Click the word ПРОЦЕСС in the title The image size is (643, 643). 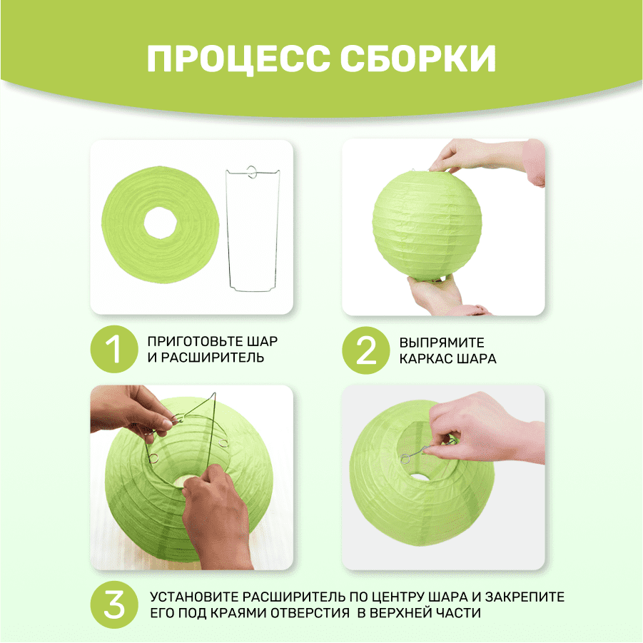click(x=238, y=59)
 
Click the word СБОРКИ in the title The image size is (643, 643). click(x=418, y=59)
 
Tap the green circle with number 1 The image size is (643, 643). click(x=114, y=349)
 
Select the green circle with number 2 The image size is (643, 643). click(x=366, y=350)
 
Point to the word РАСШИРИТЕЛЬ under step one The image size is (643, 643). click(x=212, y=358)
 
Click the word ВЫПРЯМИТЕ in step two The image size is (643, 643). click(x=442, y=343)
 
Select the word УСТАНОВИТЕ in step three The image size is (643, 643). click(x=194, y=597)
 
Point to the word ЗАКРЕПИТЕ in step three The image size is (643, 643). click(x=525, y=597)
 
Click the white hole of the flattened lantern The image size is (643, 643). click(x=161, y=223)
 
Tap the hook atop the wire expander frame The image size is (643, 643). click(x=252, y=172)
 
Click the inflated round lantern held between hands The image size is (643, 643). click(x=427, y=226)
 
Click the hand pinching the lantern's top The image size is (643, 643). click(x=484, y=158)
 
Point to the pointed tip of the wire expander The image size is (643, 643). click(x=214, y=393)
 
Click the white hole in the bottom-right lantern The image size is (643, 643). click(x=418, y=477)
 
